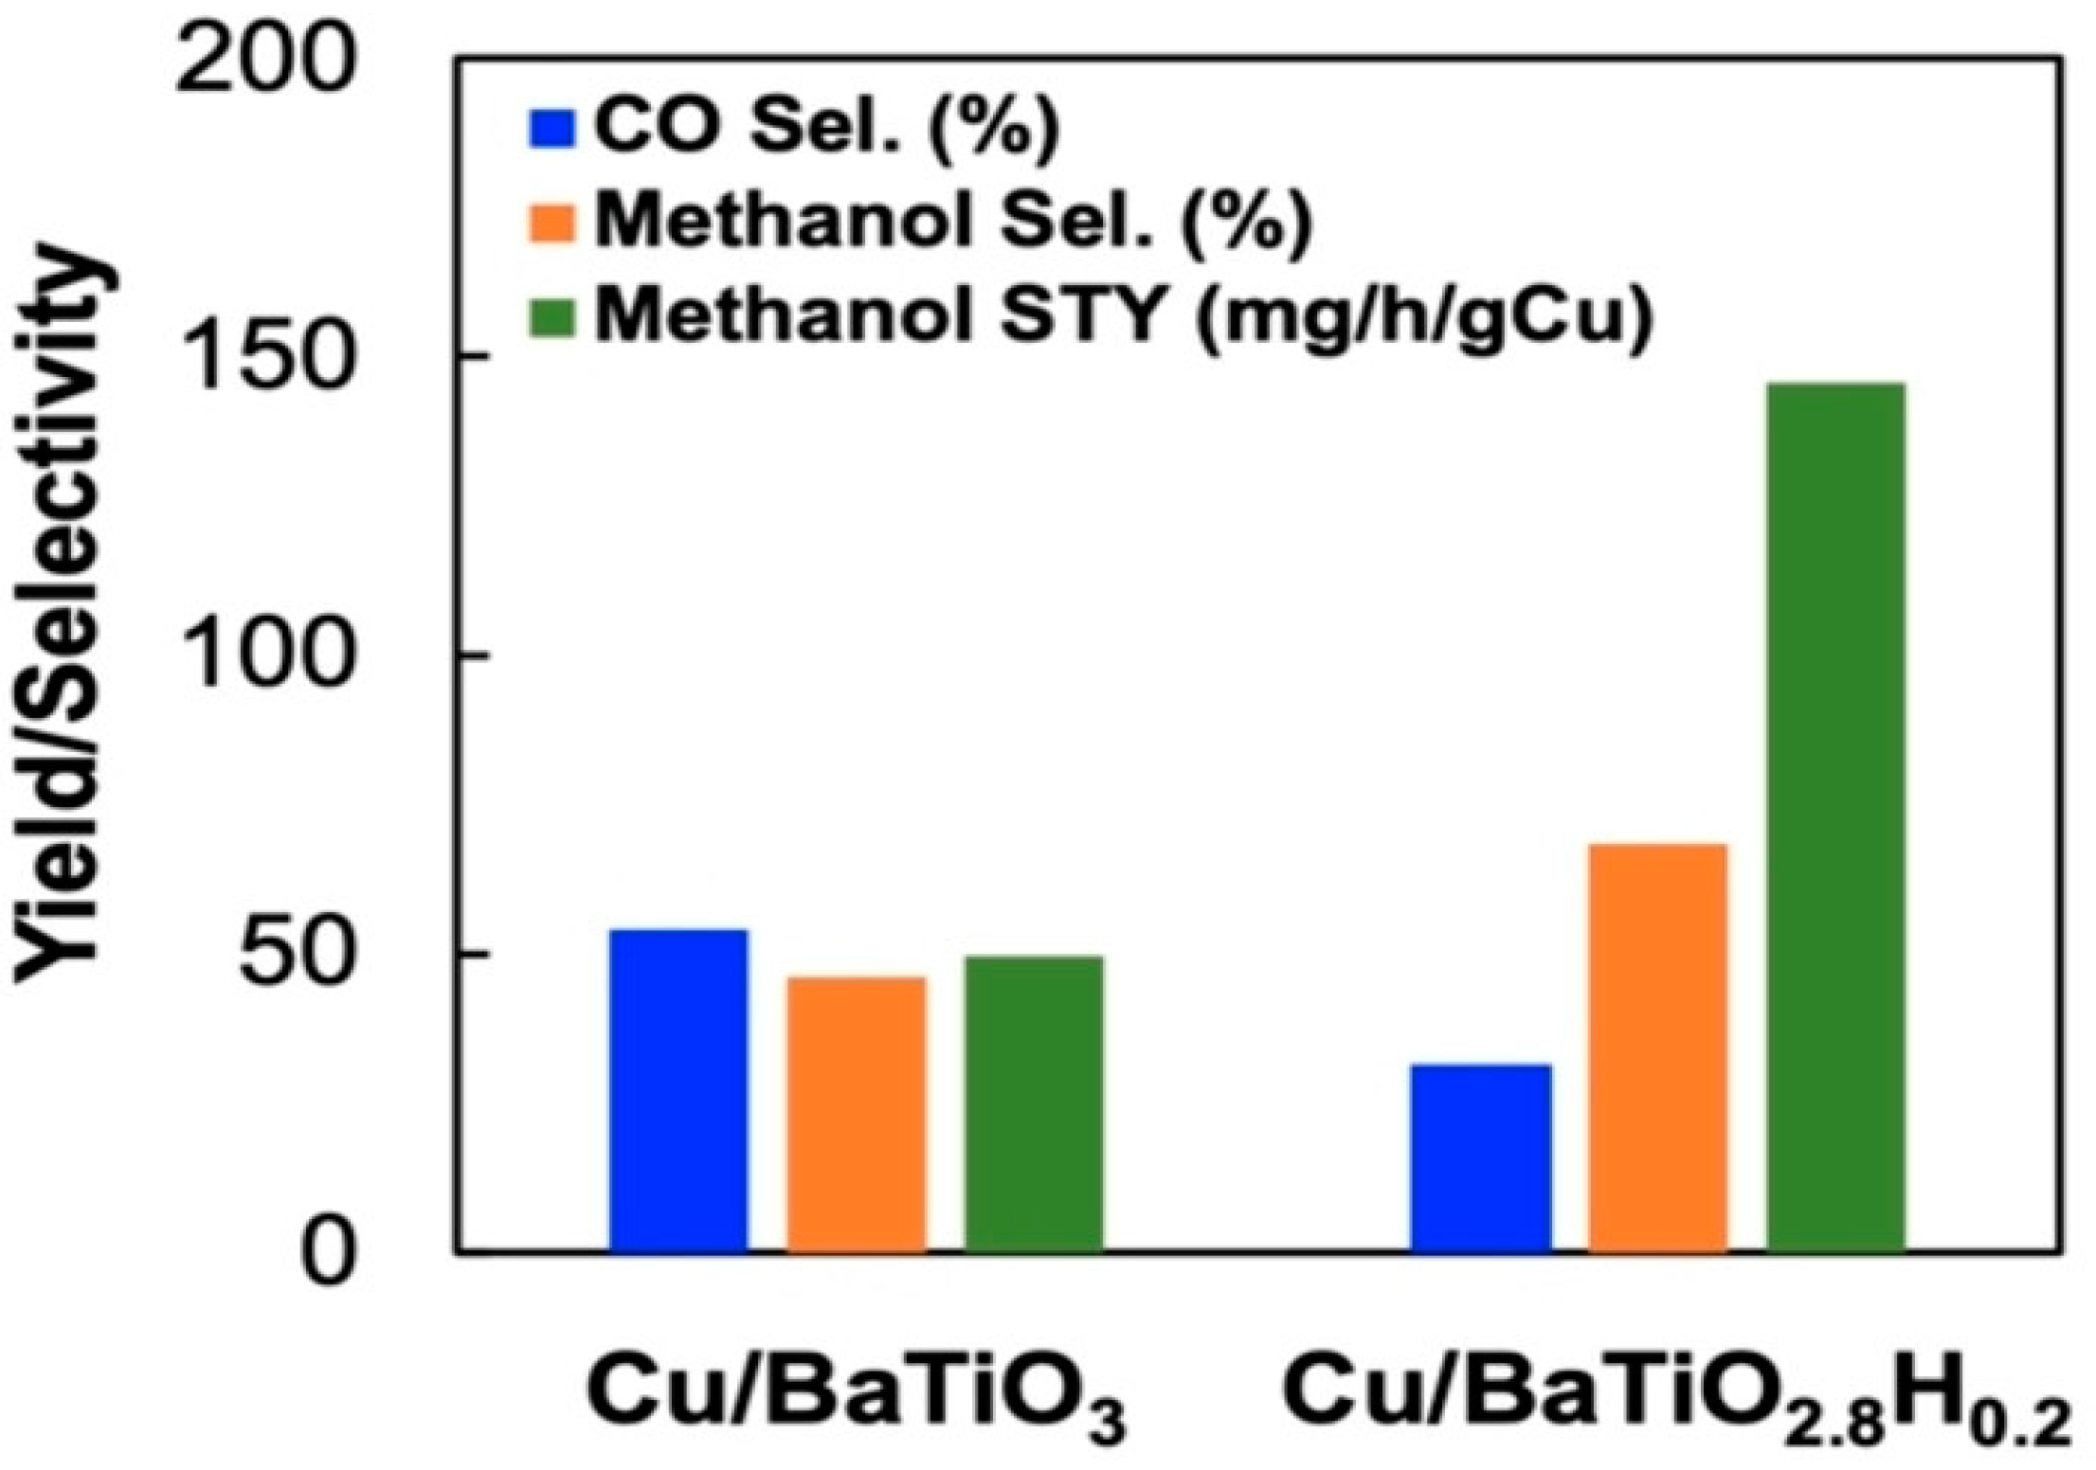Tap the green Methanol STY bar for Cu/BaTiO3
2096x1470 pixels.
pos(1034,1104)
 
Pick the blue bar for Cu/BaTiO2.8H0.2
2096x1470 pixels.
pos(1481,1158)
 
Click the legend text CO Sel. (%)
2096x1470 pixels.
pos(825,128)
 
